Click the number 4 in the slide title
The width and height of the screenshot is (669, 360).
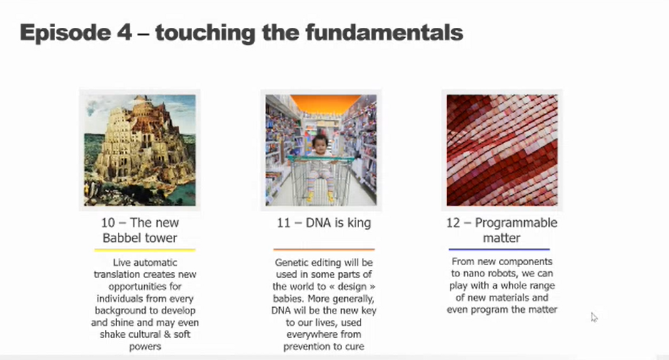pyautogui.click(x=124, y=33)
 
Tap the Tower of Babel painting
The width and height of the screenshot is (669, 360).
pyautogui.click(x=140, y=150)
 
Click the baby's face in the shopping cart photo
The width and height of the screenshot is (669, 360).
pyautogui.click(x=320, y=146)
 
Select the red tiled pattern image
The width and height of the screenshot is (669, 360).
pyautogui.click(x=502, y=150)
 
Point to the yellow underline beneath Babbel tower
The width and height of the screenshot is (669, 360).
pyautogui.click(x=145, y=250)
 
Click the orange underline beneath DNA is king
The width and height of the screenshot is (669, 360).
pyautogui.click(x=324, y=249)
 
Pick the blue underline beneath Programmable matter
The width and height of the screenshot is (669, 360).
pyautogui.click(x=499, y=249)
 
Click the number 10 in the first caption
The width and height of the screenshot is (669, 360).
pyautogui.click(x=108, y=223)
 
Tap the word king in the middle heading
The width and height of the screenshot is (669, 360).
pyautogui.click(x=358, y=224)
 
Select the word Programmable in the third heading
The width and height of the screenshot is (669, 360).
pyautogui.click(x=516, y=224)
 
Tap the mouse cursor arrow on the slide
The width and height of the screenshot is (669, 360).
pyautogui.click(x=594, y=317)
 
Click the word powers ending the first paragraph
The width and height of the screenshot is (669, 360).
pyautogui.click(x=145, y=346)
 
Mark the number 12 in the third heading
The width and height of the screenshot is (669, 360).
pyautogui.click(x=453, y=223)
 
